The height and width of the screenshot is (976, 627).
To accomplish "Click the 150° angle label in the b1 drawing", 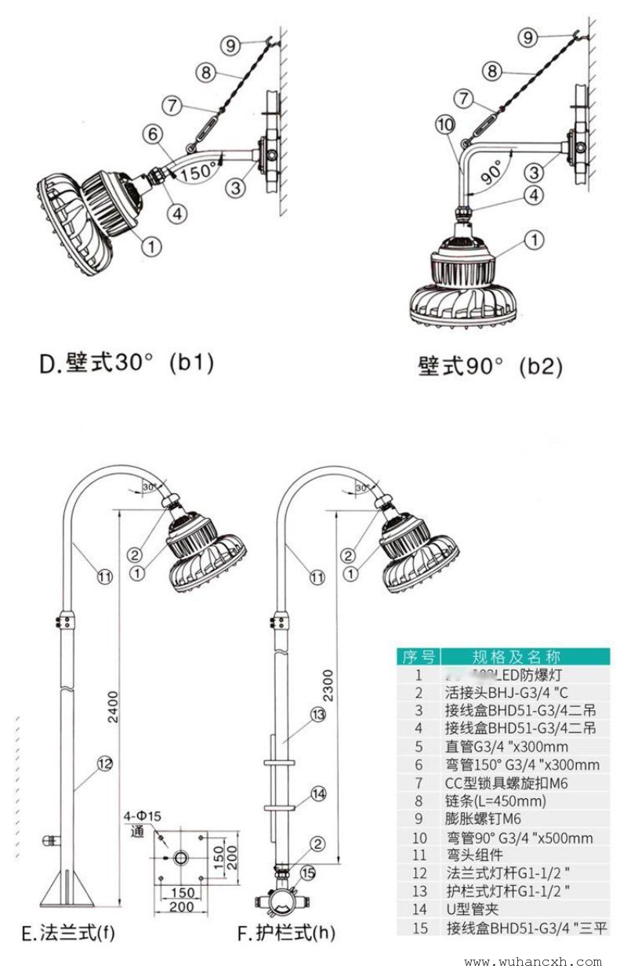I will [199, 170].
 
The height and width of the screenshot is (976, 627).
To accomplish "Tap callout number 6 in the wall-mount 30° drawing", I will [153, 134].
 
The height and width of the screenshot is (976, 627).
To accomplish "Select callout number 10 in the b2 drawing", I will [445, 124].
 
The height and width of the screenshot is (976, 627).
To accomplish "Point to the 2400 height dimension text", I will [113, 709].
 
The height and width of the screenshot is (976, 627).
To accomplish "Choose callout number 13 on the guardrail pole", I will [317, 714].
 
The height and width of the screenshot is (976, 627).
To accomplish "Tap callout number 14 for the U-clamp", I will [317, 794].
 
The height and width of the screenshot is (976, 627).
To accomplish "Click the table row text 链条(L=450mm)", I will [484, 801].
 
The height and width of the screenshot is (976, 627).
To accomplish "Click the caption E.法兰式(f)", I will [67, 933].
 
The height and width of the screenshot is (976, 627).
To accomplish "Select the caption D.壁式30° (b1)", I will [126, 364].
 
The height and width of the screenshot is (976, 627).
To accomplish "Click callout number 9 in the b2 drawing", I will [528, 37].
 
